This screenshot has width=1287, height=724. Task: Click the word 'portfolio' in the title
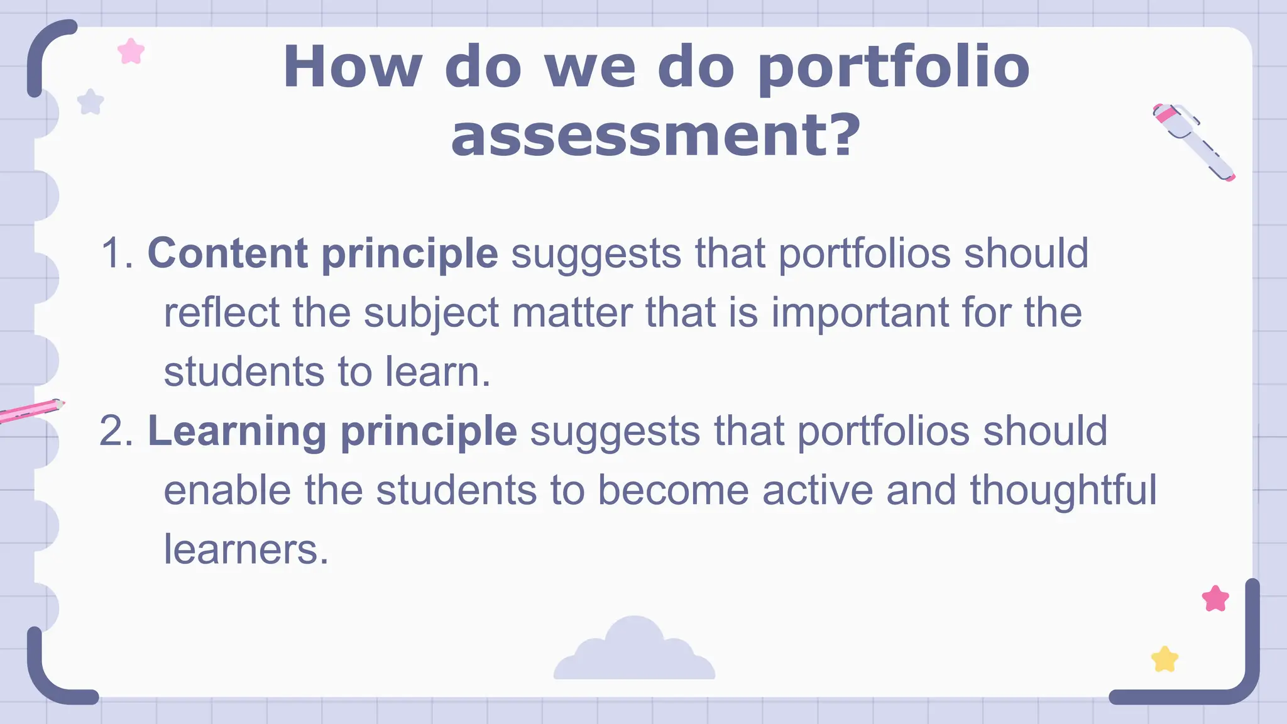pyautogui.click(x=893, y=68)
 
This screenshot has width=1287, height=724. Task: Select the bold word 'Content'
pyautogui.click(x=227, y=253)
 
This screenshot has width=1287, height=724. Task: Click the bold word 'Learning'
pyautogui.click(x=237, y=431)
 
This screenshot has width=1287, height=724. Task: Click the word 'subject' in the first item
pyautogui.click(x=432, y=313)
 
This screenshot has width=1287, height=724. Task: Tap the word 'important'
pyautogui.click(x=860, y=313)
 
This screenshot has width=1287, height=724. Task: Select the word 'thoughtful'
pyautogui.click(x=1063, y=490)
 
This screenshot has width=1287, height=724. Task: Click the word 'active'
pyautogui.click(x=818, y=490)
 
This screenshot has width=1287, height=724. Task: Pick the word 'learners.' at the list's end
pyautogui.click(x=246, y=549)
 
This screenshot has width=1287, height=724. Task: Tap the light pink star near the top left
pyautogui.click(x=131, y=52)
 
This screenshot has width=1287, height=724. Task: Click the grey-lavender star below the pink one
pyautogui.click(x=90, y=102)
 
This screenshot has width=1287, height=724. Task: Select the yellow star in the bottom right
pyautogui.click(x=1164, y=659)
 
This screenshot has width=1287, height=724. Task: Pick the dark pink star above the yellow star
pyautogui.click(x=1215, y=599)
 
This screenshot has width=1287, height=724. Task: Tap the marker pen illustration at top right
pyautogui.click(x=1193, y=141)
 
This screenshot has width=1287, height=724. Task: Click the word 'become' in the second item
pyautogui.click(x=673, y=490)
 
